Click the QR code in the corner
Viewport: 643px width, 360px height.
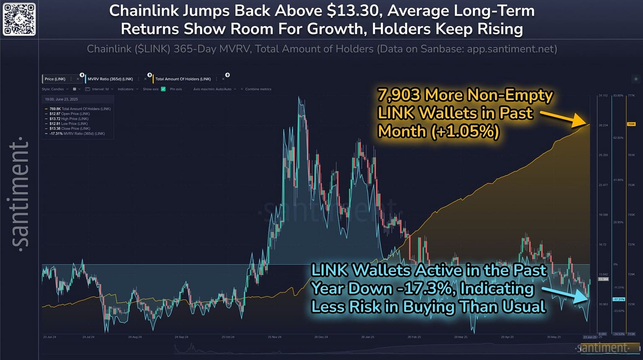click(x=19, y=19)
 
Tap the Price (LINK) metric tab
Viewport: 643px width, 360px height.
click(x=55, y=79)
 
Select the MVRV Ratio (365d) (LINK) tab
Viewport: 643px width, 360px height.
click(x=110, y=79)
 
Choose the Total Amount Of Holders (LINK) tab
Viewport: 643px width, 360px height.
click(x=183, y=79)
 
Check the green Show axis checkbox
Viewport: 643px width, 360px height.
click(x=163, y=89)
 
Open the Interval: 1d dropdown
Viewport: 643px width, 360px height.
click(x=100, y=89)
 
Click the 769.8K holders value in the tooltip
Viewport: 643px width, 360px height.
click(x=55, y=109)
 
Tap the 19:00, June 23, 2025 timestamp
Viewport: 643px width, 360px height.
click(x=62, y=99)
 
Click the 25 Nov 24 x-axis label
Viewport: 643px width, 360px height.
click(x=274, y=337)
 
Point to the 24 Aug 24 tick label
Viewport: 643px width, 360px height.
click(x=135, y=337)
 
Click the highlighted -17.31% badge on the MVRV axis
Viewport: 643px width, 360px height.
click(x=619, y=299)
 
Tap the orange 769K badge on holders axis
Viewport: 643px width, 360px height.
click(x=631, y=124)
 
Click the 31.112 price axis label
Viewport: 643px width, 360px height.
click(x=603, y=95)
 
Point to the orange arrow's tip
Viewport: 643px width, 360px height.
click(x=589, y=124)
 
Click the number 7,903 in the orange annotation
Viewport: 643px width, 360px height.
click(x=399, y=95)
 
